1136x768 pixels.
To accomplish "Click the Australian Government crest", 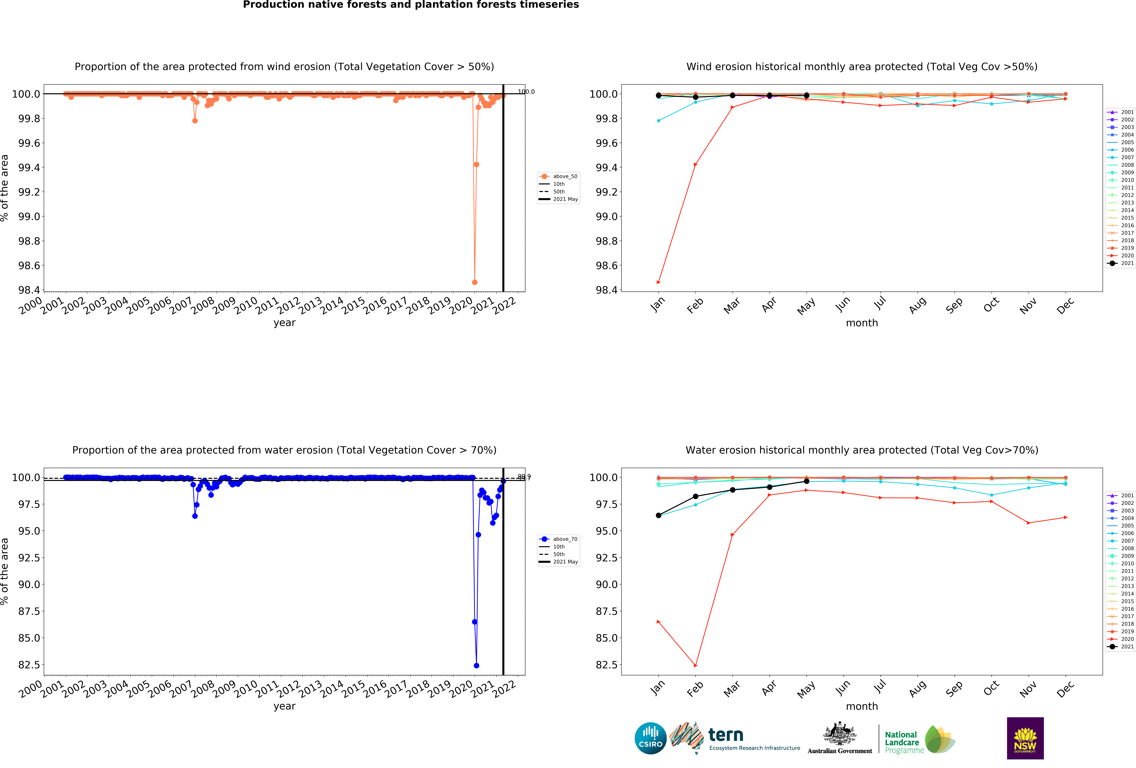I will pyautogui.click(x=839, y=733).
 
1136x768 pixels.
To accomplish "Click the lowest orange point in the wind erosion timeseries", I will pyautogui.click(x=475, y=282).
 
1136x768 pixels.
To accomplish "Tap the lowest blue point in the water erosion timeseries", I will pyautogui.click(x=477, y=665).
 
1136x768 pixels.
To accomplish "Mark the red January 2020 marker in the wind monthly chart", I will pyautogui.click(x=658, y=282).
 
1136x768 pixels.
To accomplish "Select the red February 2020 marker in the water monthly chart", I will pyautogui.click(x=696, y=665).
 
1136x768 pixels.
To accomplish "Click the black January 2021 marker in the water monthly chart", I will pyautogui.click(x=658, y=515).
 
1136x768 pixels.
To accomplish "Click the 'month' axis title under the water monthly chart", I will pyautogui.click(x=862, y=706).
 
